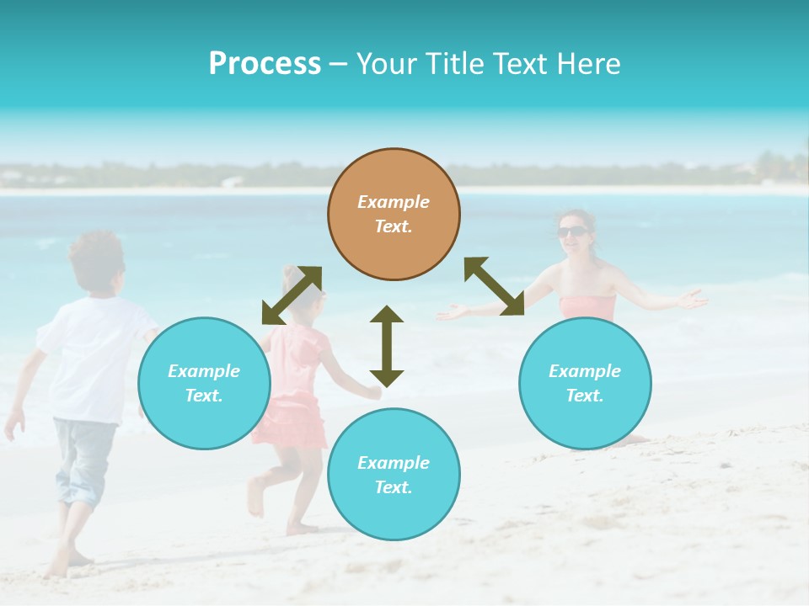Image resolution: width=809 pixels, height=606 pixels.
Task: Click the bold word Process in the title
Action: (265, 64)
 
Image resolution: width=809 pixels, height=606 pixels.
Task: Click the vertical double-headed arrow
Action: (387, 346)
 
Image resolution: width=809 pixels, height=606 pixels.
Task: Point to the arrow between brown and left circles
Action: (292, 295)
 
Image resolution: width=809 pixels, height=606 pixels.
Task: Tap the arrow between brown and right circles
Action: (495, 286)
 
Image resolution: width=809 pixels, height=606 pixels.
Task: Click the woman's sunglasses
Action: (573, 231)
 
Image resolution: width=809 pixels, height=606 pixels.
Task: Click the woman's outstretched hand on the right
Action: (693, 298)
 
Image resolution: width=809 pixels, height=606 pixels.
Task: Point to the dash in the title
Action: (338, 65)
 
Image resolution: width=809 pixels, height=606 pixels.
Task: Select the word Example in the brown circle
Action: (394, 202)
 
